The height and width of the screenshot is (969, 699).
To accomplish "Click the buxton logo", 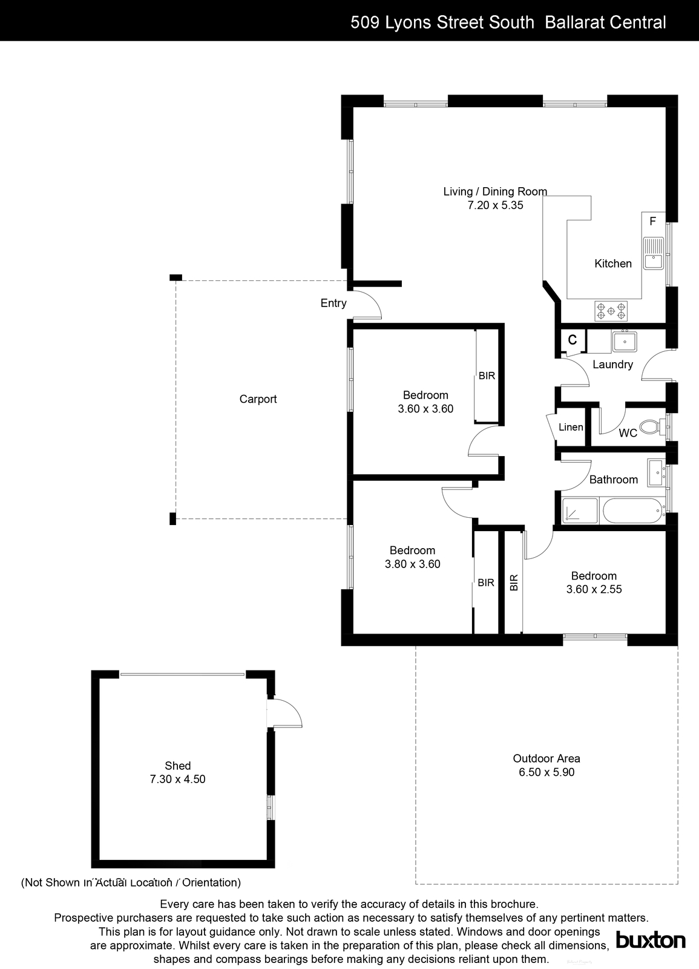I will pos(651,940).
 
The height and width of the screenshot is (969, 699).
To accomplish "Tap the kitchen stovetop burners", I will pos(611,311).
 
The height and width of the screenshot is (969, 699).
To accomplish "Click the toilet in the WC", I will pos(649,427).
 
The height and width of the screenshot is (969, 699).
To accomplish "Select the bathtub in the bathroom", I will pos(632,511).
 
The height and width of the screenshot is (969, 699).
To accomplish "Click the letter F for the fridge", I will pos(652,222).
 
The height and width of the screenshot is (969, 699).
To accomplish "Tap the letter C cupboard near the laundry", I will pos(572,340).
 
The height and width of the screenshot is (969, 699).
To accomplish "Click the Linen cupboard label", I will pos(570,428).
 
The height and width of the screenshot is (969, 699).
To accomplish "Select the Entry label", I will pos(333,303).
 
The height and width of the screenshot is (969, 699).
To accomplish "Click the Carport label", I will pos(258,399).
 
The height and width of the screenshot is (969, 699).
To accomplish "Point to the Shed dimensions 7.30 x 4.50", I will pos(177,779).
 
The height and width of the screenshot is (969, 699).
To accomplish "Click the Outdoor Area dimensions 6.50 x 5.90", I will pos(546,772).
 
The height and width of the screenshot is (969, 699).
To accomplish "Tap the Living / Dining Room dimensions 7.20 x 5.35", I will pos(494,205).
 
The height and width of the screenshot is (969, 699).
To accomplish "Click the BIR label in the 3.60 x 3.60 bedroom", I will pos(487,376).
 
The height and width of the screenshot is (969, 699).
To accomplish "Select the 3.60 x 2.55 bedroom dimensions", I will pos(594,589).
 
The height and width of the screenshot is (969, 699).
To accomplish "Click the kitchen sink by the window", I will pos(654,253).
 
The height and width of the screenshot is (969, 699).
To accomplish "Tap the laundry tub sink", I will pos(623,342).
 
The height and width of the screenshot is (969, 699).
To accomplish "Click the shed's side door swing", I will pos(287,712).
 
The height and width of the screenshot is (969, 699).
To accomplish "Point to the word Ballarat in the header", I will pos(573,22).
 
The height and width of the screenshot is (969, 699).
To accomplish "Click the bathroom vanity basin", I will pos(655,473).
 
